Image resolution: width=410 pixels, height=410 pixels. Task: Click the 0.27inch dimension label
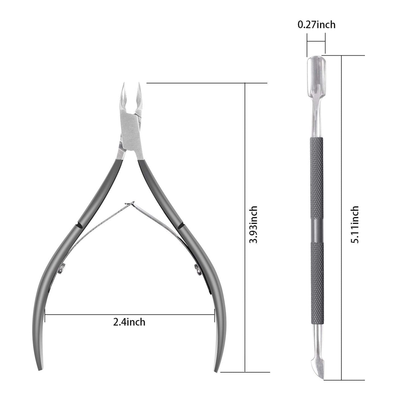(x=316, y=25)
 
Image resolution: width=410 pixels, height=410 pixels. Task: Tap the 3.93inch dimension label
(x=254, y=224)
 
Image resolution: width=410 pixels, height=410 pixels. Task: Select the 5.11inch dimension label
(x=355, y=224)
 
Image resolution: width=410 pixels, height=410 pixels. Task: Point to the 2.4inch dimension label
(x=129, y=322)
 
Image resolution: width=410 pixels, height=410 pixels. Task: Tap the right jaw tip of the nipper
(x=139, y=83)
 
